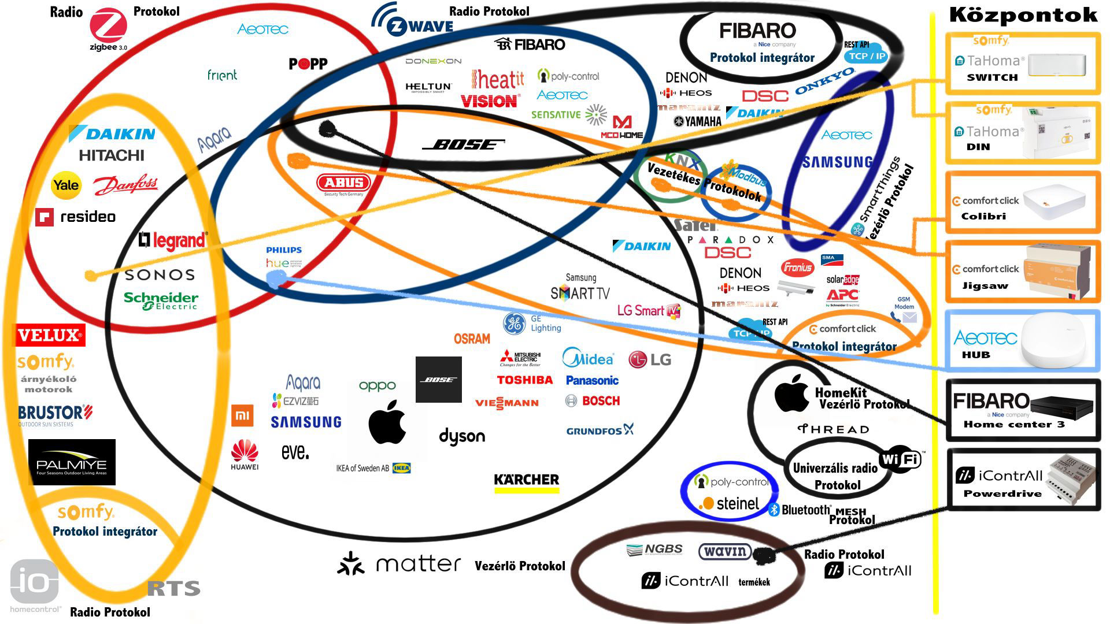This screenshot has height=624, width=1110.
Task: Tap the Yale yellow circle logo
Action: pyautogui.click(x=66, y=185)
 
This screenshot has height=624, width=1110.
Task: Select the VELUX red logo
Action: pyautogui.click(x=50, y=335)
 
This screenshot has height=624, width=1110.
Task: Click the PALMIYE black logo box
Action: pyautogui.click(x=72, y=462)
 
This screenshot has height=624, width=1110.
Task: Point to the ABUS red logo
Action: pyautogui.click(x=343, y=184)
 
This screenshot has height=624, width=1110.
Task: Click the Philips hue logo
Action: pyautogui.click(x=283, y=257)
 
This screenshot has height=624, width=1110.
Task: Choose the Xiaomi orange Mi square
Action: pyautogui.click(x=242, y=415)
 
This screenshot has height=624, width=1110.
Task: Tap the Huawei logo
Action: pyautogui.click(x=245, y=454)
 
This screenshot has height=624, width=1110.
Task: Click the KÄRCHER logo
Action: pyautogui.click(x=526, y=481)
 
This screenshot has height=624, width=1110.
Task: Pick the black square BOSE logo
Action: pyautogui.click(x=438, y=380)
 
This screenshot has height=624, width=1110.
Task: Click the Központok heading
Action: pyautogui.click(x=1023, y=15)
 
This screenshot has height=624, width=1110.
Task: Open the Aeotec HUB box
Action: pyautogui.click(x=1022, y=341)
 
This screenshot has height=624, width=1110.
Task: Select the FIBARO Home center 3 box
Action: pyautogui.click(x=1022, y=410)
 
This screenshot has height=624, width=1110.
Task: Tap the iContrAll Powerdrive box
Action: pyautogui.click(x=1022, y=480)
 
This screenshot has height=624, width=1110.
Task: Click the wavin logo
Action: pyautogui.click(x=725, y=551)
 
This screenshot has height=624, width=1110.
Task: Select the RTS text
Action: pyautogui.click(x=173, y=589)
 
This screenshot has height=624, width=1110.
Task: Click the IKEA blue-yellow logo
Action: pyautogui.click(x=401, y=468)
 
